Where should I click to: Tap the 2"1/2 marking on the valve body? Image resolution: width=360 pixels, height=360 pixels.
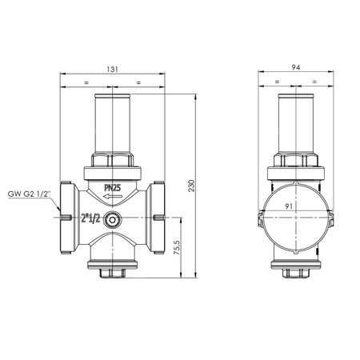coord(90,219)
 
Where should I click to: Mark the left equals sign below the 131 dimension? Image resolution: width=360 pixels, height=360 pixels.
coord(87,82)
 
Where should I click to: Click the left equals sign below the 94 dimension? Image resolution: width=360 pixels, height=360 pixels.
coord(276,82)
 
